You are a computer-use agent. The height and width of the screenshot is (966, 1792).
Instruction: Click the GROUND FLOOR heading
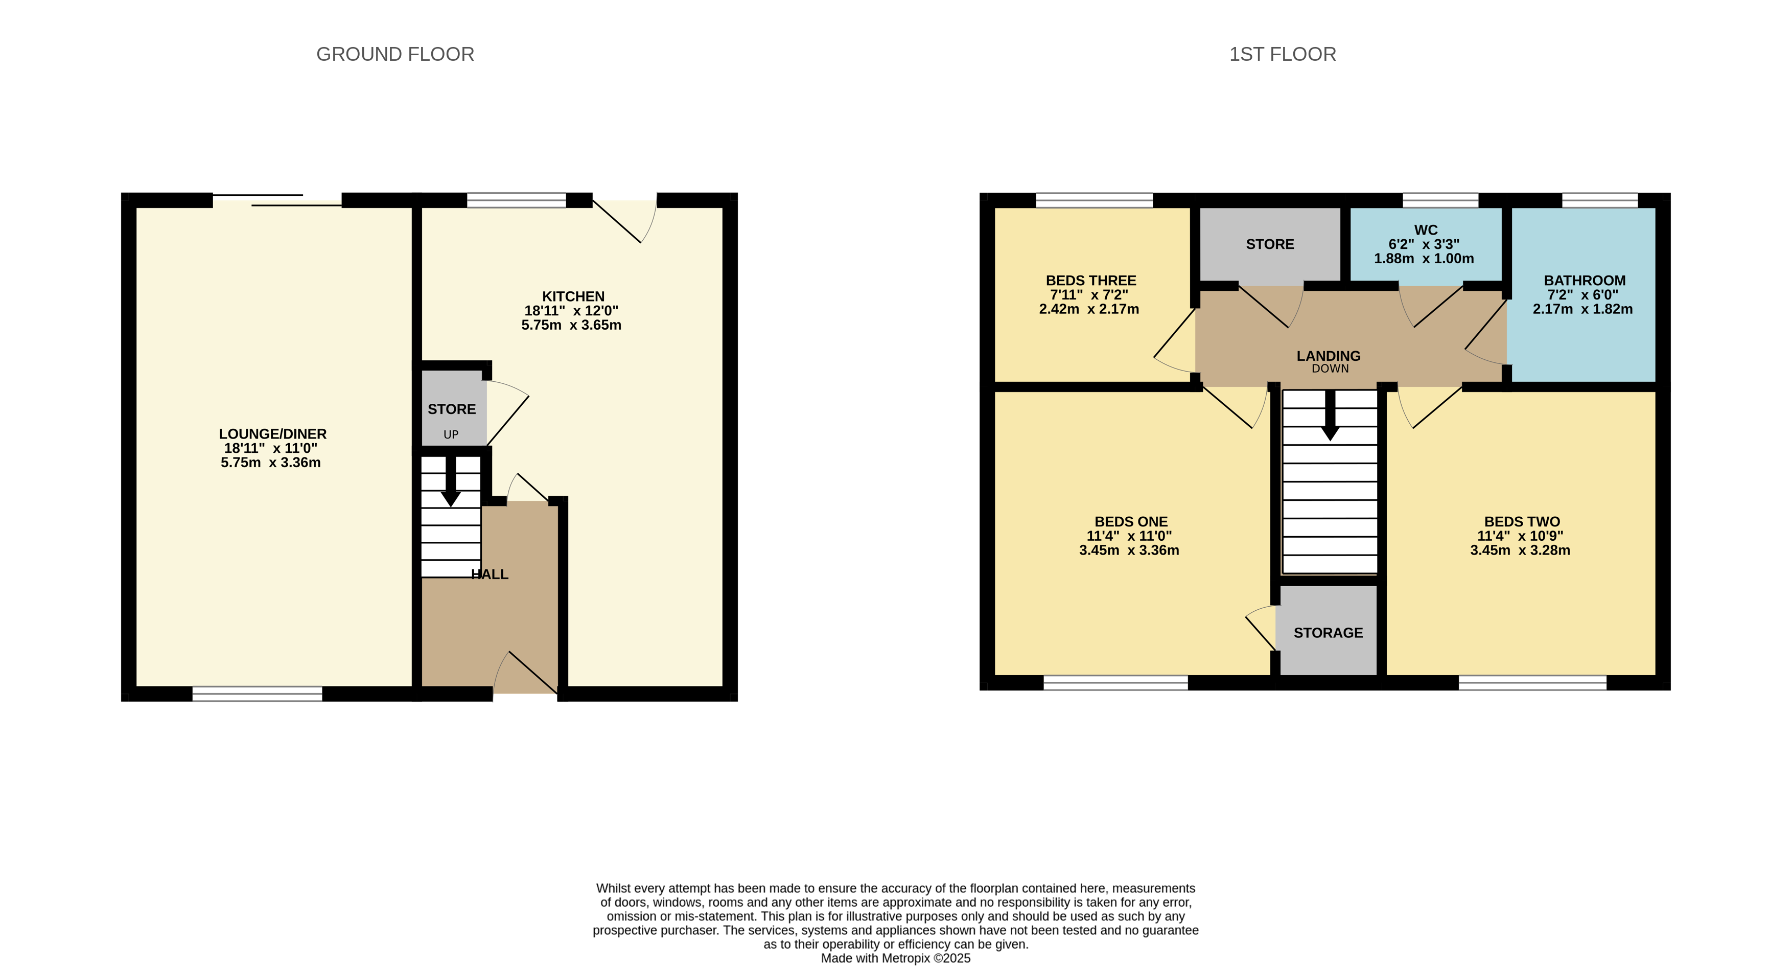tap(395, 54)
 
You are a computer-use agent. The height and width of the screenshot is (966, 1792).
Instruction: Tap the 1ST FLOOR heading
tap(1282, 54)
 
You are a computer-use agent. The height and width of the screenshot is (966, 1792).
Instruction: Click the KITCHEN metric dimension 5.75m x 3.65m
tap(571, 325)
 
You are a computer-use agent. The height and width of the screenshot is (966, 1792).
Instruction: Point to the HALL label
tap(490, 574)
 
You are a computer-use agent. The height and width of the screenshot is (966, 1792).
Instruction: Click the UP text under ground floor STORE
tap(451, 435)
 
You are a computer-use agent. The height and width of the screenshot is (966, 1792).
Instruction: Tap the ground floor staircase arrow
tap(451, 487)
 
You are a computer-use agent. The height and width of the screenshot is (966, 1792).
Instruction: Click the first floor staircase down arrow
tap(1330, 418)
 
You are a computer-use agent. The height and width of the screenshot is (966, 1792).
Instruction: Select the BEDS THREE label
tap(1091, 281)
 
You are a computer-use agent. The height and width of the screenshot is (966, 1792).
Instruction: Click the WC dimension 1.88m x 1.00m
tap(1423, 258)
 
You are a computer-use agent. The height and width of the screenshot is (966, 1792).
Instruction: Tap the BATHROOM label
tap(1585, 281)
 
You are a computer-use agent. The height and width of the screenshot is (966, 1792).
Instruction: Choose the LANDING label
tap(1328, 356)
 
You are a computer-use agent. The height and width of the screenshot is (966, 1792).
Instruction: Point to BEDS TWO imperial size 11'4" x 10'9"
tap(1520, 536)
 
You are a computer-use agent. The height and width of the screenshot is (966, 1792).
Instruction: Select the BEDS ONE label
tap(1130, 521)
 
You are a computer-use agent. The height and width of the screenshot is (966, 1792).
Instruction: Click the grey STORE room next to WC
tap(1270, 244)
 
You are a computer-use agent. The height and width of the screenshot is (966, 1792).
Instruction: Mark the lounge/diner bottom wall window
tap(258, 693)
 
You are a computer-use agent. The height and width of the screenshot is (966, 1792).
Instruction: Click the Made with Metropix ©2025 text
tap(895, 958)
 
